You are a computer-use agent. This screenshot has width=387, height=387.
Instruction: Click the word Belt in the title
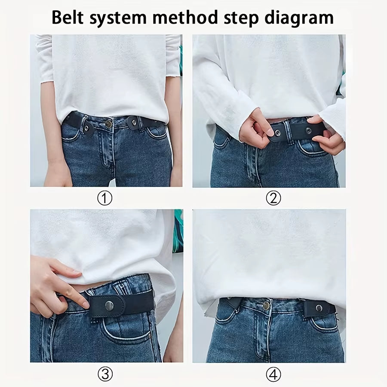[70, 18]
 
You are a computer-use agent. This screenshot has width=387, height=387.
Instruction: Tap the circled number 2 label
[273, 198]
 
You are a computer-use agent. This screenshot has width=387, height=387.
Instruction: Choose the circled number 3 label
[105, 375]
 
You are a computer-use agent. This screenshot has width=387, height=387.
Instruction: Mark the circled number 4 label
[273, 375]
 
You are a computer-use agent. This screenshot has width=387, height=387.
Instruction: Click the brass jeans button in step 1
[109, 124]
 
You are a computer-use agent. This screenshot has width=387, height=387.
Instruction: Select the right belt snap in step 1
[135, 123]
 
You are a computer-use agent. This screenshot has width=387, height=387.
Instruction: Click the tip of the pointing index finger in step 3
[86, 305]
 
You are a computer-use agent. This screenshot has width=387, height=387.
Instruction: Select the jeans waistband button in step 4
[266, 306]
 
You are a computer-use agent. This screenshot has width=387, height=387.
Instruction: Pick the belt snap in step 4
[319, 307]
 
